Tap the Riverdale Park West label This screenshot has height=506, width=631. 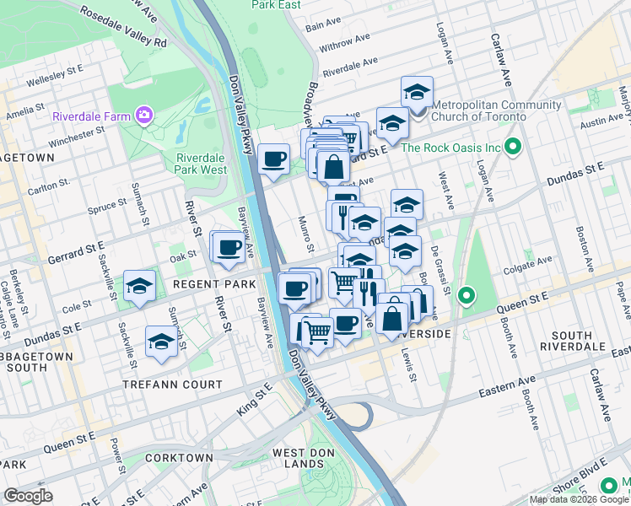point(202,163)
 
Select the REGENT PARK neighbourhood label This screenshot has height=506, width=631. point(214,285)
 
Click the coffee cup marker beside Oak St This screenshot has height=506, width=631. point(228,247)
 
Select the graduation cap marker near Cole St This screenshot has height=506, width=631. point(140,286)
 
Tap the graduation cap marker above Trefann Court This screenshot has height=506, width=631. point(160,342)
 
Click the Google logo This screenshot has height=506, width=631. point(28,496)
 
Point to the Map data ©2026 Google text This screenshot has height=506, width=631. point(579,499)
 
